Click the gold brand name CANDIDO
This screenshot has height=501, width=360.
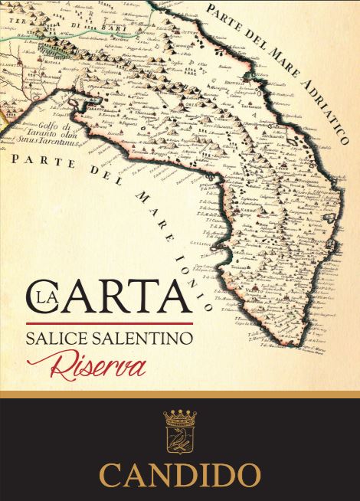coord(180,472)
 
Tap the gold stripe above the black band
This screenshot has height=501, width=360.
coord(180,394)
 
